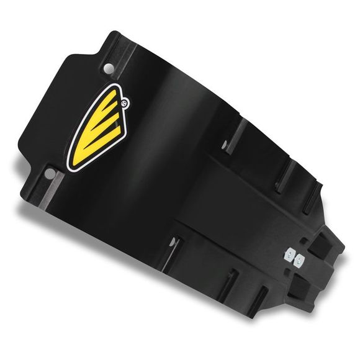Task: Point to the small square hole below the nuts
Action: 284,271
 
